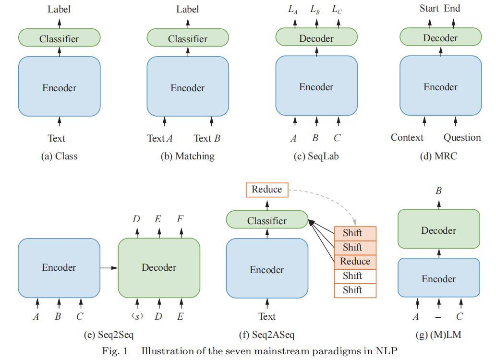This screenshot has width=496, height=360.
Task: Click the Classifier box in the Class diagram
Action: tap(59, 38)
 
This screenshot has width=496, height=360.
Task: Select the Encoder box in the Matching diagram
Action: tap(187, 87)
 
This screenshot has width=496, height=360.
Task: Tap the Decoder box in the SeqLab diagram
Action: tap(316, 37)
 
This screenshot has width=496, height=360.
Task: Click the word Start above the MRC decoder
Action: tap(430, 8)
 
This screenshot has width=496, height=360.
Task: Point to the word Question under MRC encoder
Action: tap(462, 138)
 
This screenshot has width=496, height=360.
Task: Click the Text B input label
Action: tap(207, 138)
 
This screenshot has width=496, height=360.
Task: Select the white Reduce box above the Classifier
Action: tap(267, 190)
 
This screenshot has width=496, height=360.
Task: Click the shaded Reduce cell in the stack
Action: tap(355, 262)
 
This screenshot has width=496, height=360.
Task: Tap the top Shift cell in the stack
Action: tap(355, 233)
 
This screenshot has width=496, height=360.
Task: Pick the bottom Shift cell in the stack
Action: tap(355, 290)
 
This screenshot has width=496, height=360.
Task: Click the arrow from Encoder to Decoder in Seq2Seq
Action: tap(109, 267)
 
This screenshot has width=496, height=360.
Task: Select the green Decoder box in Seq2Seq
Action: tap(159, 267)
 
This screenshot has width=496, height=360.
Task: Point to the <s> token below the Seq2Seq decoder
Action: tap(137, 316)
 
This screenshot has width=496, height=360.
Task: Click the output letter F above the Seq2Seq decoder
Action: tap(180, 219)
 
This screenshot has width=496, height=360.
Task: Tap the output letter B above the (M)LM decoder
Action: tap(438, 191)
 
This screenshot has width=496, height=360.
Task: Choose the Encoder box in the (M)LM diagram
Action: tap(438, 278)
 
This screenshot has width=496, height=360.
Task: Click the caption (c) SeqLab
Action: tap(316, 156)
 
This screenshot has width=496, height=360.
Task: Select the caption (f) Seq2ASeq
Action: tap(267, 335)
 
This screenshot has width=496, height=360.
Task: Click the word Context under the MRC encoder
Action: tap(407, 138)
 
